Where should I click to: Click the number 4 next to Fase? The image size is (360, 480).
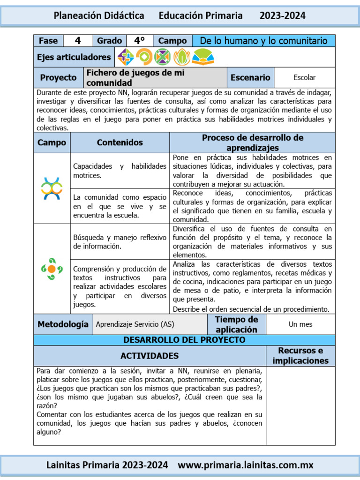click(x=78, y=41)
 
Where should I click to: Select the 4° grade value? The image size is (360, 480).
click(x=139, y=41)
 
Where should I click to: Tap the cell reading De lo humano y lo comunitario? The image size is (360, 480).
click(x=263, y=41)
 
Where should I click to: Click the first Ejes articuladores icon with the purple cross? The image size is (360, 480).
click(x=126, y=57)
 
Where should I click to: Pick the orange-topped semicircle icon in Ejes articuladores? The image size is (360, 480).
click(x=203, y=57)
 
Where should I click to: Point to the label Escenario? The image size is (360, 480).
click(x=250, y=77)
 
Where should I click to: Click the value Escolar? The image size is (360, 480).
click(x=304, y=77)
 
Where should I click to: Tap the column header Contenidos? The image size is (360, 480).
click(x=120, y=142)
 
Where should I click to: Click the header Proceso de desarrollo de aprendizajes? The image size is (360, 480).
click(x=252, y=142)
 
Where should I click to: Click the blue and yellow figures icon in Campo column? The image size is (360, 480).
click(x=52, y=188)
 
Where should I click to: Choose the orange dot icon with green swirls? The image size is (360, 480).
click(x=52, y=269)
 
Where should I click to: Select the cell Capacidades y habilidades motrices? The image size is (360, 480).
click(x=120, y=171)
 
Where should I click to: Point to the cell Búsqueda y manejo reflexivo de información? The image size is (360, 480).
click(x=120, y=242)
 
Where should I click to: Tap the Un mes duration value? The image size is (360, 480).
click(x=300, y=324)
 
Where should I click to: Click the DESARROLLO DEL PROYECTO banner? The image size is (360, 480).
click(x=184, y=340)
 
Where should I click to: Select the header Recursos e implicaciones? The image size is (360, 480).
click(x=300, y=356)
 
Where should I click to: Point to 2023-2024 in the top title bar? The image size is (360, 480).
click(x=282, y=15)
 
